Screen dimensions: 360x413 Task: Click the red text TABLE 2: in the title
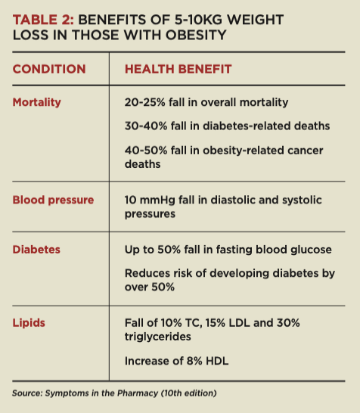[x=43, y=20]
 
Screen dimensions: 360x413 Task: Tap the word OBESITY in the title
[x=196, y=35]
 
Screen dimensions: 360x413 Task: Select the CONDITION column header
[x=49, y=70]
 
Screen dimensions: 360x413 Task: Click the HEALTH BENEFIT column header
[x=178, y=70]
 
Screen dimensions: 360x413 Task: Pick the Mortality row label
[x=36, y=102]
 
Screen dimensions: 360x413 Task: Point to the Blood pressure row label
[x=53, y=200]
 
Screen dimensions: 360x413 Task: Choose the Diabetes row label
[x=36, y=250]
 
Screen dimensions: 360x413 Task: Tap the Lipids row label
[x=29, y=323]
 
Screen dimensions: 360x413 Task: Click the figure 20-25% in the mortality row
[x=144, y=102]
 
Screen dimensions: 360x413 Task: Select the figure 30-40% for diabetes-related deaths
[x=146, y=126]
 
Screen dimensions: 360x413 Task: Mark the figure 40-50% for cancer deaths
[x=146, y=151]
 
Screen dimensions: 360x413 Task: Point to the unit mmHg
[x=157, y=200]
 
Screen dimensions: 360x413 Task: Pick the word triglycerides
[x=158, y=337]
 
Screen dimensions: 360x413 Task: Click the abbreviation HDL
[x=217, y=361]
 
